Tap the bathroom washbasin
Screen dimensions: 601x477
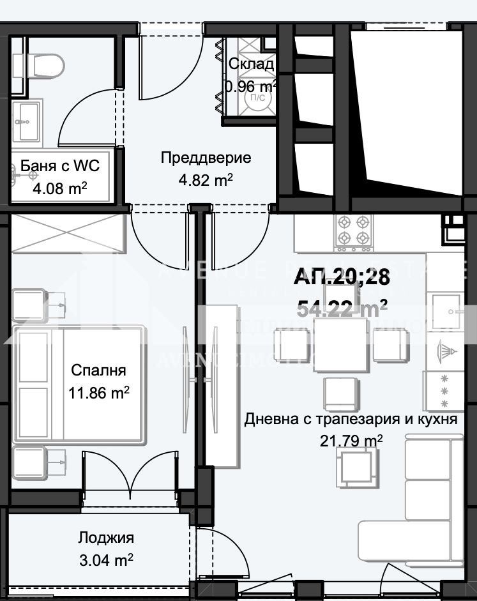(27, 119)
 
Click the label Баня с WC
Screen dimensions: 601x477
(60, 167)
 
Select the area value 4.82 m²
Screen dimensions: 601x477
(206, 180)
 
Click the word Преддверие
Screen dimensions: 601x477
(206, 158)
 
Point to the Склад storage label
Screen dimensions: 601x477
(252, 64)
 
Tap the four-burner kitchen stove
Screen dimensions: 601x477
(354, 231)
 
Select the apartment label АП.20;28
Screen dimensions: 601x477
(341, 277)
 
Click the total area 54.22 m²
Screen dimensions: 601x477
(342, 308)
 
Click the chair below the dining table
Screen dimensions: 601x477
(339, 393)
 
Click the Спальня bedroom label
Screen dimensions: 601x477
(98, 370)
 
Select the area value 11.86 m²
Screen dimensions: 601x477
(98, 393)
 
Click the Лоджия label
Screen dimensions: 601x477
(106, 538)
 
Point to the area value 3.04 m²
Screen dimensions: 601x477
(106, 560)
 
